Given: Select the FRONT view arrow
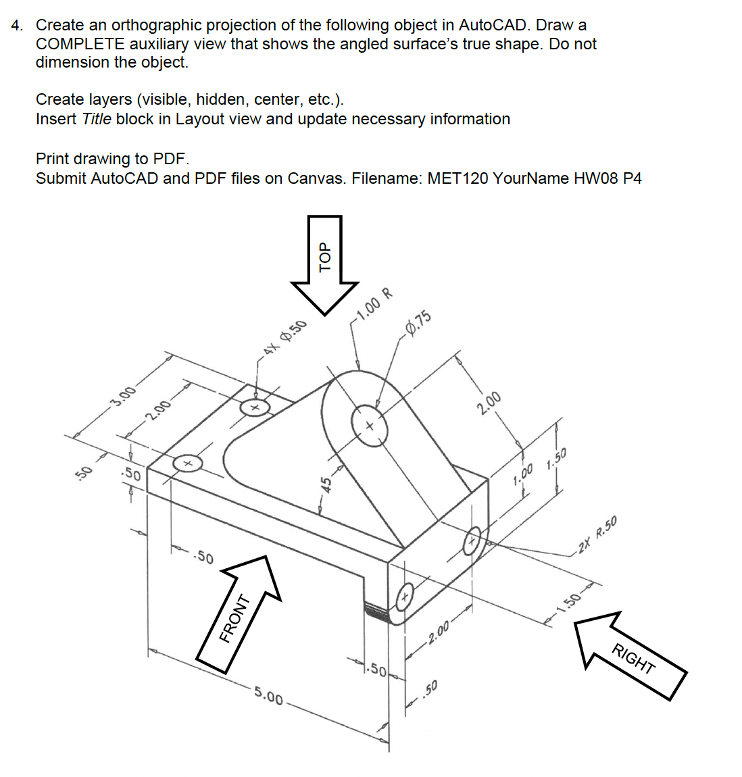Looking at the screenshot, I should [x=237, y=615].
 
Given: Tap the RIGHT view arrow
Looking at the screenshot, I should [x=631, y=656].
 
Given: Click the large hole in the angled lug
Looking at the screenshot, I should [x=369, y=426].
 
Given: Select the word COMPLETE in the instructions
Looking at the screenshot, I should [x=80, y=44].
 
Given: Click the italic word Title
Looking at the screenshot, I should [x=96, y=119].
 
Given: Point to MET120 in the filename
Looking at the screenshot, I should [x=457, y=178].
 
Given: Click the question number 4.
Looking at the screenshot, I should [x=17, y=26].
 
